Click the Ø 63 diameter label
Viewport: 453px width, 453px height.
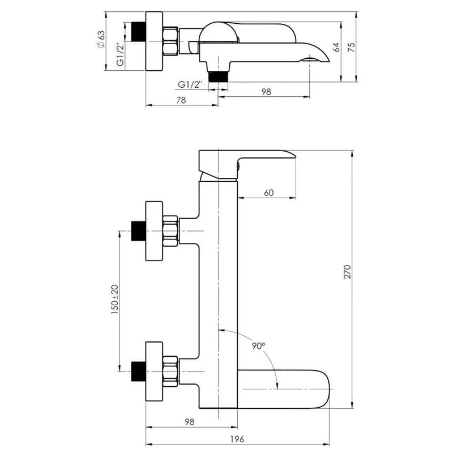point(101,39)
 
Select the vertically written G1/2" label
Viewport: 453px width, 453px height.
point(121,54)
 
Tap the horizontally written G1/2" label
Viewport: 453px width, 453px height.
point(190,84)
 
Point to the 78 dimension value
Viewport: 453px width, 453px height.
point(181,100)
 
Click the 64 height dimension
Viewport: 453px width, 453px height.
point(336,47)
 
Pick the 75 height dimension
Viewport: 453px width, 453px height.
point(352,47)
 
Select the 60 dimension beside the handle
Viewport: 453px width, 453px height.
point(268,193)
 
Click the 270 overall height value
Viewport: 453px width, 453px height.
point(348,271)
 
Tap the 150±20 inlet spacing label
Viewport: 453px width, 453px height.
point(115,300)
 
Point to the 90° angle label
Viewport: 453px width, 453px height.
point(258,345)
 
